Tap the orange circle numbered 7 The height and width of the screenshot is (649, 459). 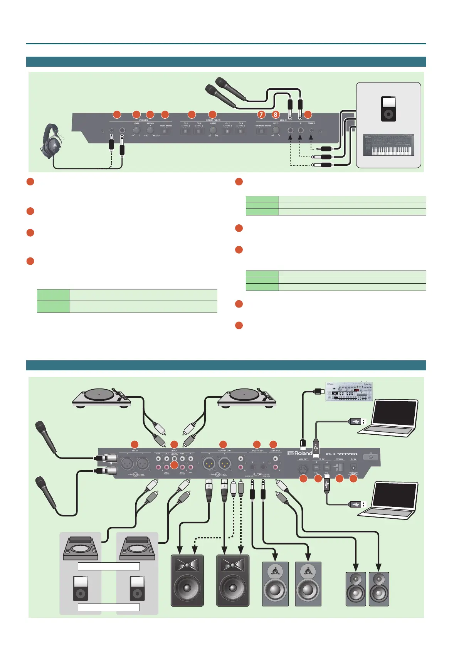click(261, 114)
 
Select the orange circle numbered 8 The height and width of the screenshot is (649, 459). click(275, 114)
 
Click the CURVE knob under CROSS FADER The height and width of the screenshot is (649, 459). click(213, 131)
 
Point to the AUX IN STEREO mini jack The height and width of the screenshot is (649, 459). click(311, 131)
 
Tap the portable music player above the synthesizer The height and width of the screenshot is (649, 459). click(388, 109)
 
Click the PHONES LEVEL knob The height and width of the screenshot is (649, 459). click(136, 131)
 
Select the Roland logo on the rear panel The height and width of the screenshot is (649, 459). click(300, 453)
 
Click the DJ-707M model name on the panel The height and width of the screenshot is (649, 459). click(341, 454)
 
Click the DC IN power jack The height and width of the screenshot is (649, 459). click(353, 468)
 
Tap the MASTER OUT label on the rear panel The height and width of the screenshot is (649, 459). click(225, 451)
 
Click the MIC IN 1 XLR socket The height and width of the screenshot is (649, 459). click(143, 464)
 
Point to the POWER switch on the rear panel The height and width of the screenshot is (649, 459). click(340, 467)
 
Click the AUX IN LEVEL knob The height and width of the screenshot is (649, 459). click(276, 131)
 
